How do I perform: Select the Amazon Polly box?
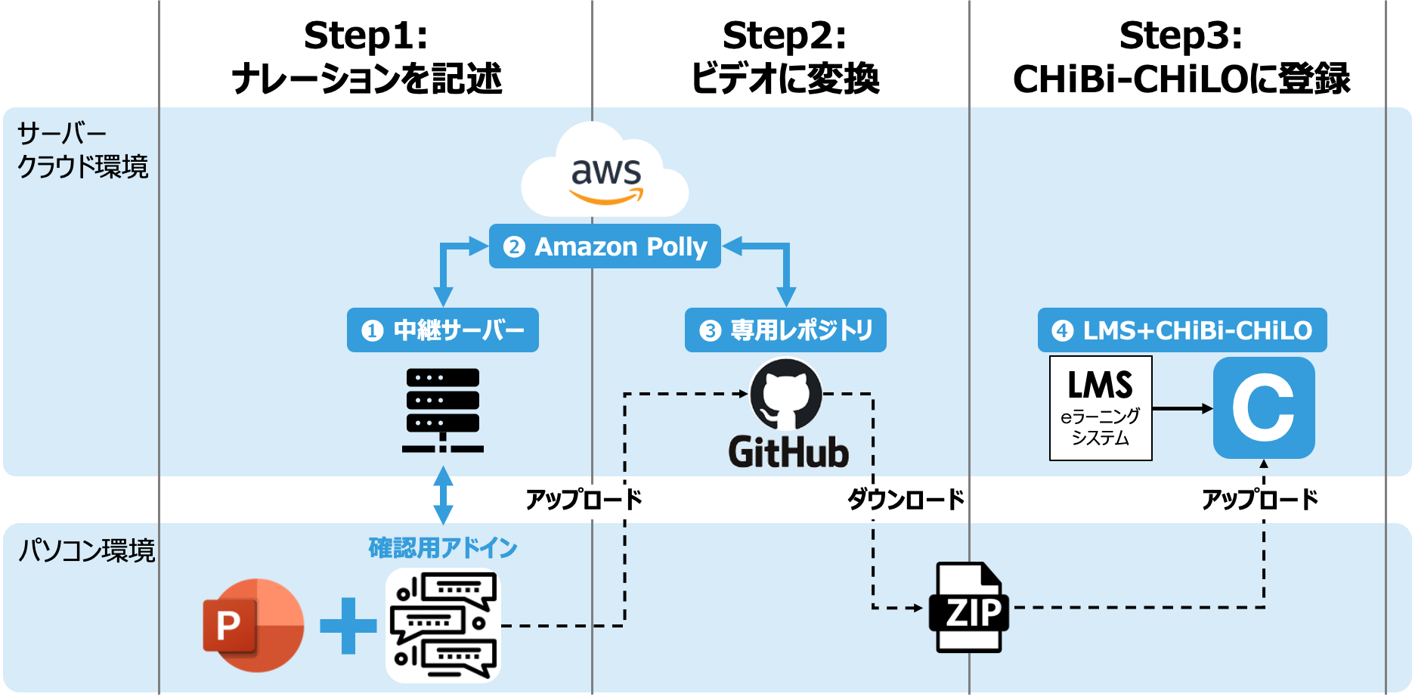click(x=605, y=246)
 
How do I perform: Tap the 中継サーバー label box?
click(x=443, y=330)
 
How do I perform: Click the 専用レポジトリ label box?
click(x=785, y=330)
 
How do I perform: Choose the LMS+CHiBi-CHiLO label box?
click(x=1182, y=330)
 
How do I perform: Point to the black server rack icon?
click(x=443, y=410)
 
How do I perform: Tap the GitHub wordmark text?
click(x=788, y=453)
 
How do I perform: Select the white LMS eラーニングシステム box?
click(x=1101, y=408)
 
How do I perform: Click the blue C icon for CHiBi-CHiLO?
click(x=1264, y=408)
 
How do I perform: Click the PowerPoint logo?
click(x=253, y=625)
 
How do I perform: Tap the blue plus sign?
click(x=348, y=625)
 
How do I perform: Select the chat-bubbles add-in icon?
click(x=443, y=625)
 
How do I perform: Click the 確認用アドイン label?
click(x=443, y=548)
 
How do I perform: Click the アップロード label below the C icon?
click(x=1256, y=500)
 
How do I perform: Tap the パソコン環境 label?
click(x=86, y=550)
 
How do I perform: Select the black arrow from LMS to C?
click(x=1182, y=409)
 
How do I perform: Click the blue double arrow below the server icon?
click(x=444, y=495)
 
